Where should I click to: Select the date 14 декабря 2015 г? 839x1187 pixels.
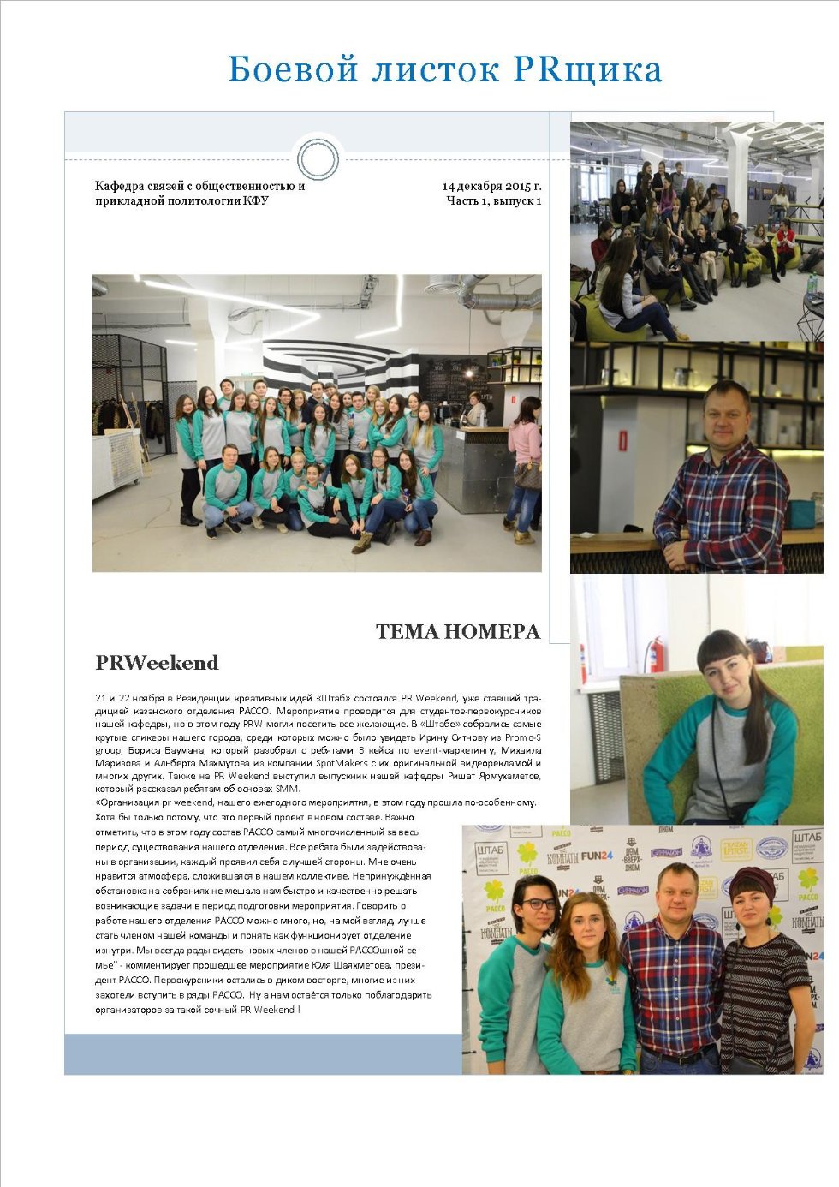491,186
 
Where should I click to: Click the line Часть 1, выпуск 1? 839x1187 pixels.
493,201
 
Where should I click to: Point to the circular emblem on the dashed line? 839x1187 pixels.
318,158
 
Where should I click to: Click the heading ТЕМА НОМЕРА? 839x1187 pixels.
458,632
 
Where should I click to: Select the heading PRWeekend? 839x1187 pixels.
157,663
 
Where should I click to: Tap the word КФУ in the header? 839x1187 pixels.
255,201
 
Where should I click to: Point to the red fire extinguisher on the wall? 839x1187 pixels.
655,654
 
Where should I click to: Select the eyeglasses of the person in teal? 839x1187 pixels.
538,904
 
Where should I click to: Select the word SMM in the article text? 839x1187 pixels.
286,789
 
